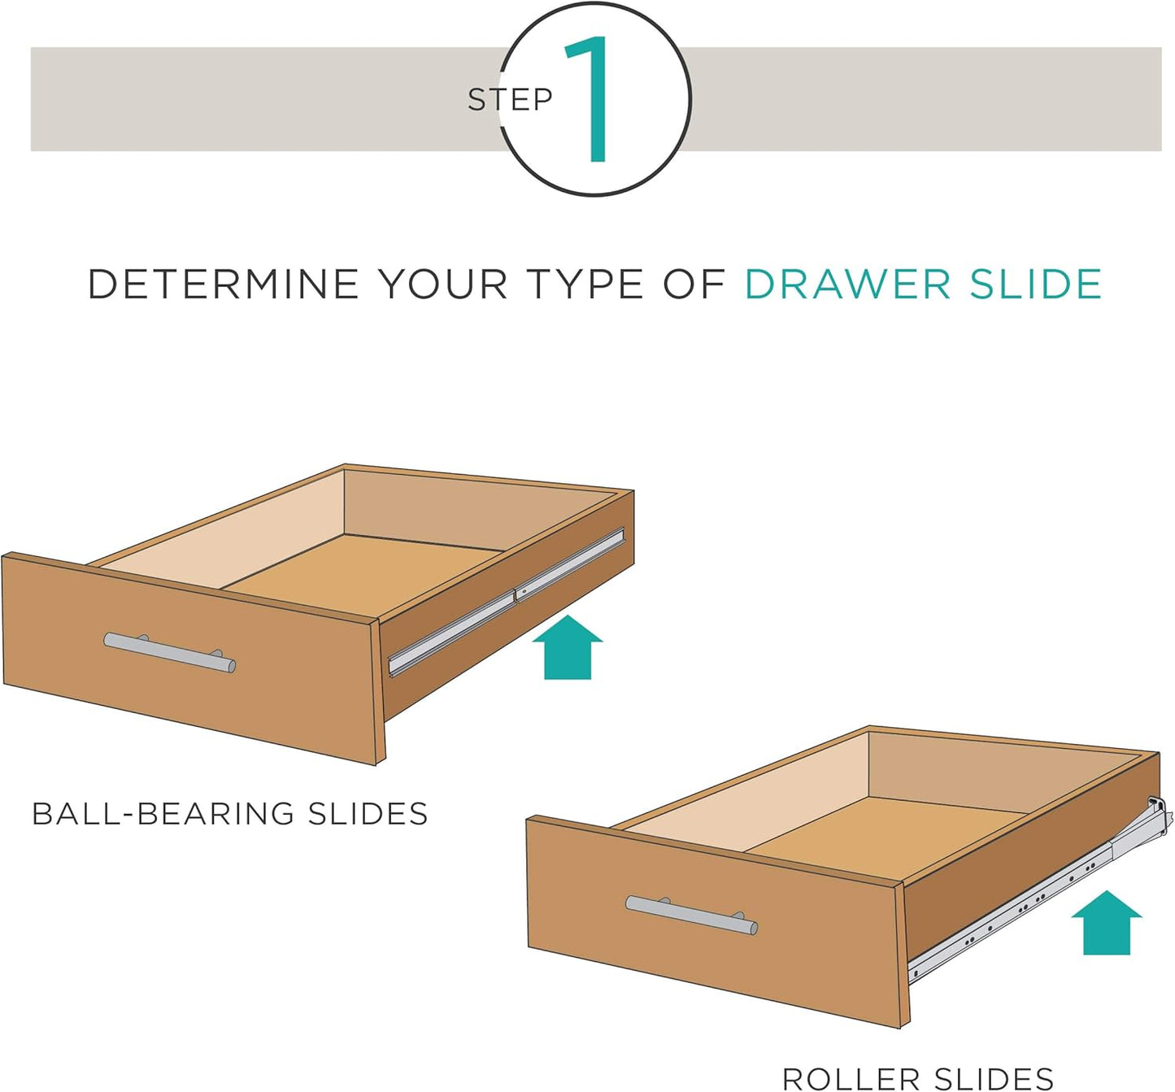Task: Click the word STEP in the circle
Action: tap(510, 100)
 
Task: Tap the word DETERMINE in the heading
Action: tap(223, 285)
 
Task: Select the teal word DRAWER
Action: tap(846, 285)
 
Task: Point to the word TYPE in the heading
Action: tap(585, 285)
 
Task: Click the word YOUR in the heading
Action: tap(443, 285)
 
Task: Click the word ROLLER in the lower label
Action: tap(851, 1079)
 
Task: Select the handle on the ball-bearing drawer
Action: tap(169, 652)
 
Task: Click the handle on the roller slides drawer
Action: tap(691, 915)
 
